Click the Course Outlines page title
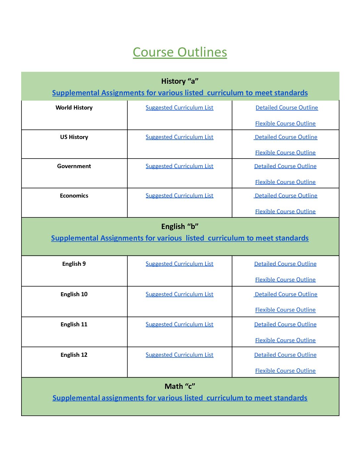pos(180,52)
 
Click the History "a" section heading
pos(180,81)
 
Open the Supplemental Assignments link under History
pos(180,93)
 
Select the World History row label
pos(74,108)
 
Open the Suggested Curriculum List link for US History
pos(179,137)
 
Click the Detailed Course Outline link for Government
pos(285,166)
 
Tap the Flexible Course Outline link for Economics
pos(285,211)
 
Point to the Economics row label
pos(74,196)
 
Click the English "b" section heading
pos(180,226)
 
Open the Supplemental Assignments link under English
pos(180,238)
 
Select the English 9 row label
pos(74,264)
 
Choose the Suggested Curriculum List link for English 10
pos(179,294)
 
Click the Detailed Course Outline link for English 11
pos(285,324)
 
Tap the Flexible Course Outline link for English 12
pos(285,371)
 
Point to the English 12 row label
pos(74,355)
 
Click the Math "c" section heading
pos(180,386)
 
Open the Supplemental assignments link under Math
pos(180,398)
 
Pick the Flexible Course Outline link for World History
pos(285,123)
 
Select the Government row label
pos(74,166)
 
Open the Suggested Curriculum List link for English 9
pos(179,264)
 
